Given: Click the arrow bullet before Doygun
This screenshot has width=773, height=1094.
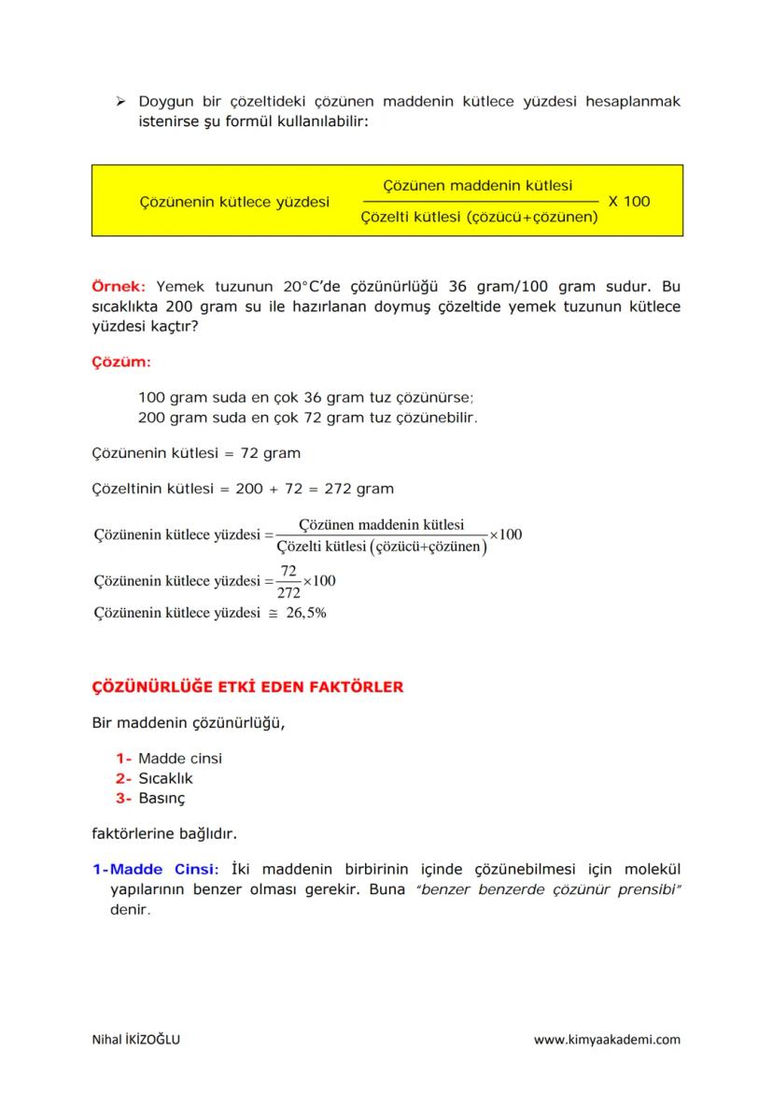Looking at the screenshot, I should (x=119, y=101).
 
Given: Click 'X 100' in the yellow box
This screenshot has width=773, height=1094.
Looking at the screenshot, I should (x=628, y=201).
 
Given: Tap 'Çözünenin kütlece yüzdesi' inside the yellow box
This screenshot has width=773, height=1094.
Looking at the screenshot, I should (x=233, y=201).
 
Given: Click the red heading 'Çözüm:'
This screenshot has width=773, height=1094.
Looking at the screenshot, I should (x=116, y=361).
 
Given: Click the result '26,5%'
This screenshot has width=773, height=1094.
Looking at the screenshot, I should (x=305, y=614).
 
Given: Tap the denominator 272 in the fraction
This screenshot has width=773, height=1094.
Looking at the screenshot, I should (x=288, y=591).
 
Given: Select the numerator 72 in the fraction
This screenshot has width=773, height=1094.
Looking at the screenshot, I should (x=288, y=571).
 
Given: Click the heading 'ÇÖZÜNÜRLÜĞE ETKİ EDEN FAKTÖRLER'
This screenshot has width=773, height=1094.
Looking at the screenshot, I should (x=247, y=688).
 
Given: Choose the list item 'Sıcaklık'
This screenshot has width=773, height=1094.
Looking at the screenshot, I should (x=165, y=778).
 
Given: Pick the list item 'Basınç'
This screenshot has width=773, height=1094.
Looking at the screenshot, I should (x=162, y=799).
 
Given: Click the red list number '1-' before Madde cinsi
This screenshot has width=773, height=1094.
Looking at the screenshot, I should (x=124, y=759).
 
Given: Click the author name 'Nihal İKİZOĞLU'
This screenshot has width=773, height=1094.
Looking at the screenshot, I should (x=136, y=1040).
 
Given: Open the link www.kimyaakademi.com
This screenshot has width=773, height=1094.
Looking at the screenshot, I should (x=607, y=1040).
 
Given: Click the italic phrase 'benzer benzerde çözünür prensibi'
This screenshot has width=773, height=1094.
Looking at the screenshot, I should (x=551, y=889).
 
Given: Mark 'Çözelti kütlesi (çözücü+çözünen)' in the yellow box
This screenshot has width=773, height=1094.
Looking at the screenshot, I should (x=479, y=218).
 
